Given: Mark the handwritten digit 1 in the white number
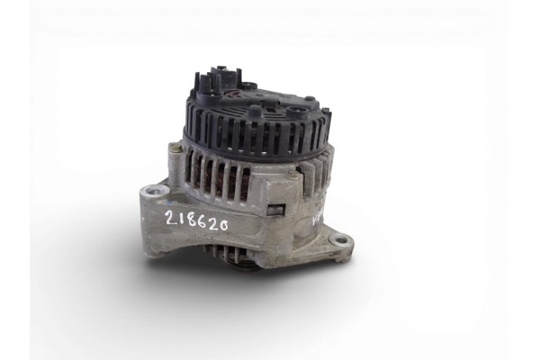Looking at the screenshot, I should [175, 217].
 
